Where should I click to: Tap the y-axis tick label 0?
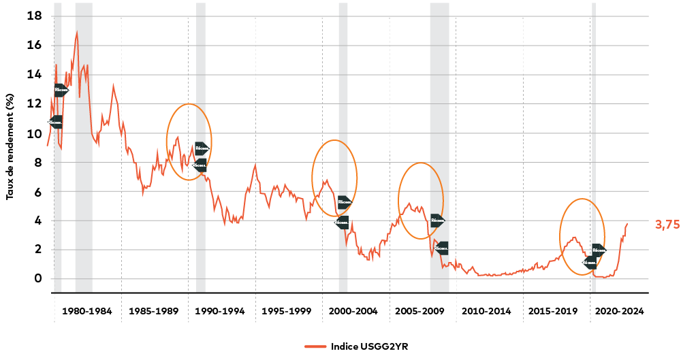click(x=38, y=278)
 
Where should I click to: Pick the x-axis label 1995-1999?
click(x=287, y=312)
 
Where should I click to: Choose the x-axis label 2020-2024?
click(x=620, y=312)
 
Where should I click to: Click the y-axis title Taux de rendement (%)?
click(x=10, y=146)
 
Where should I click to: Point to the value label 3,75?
click(x=667, y=225)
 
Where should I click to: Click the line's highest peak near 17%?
click(x=77, y=32)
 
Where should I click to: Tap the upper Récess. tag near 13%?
click(x=61, y=91)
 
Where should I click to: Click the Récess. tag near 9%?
click(x=202, y=149)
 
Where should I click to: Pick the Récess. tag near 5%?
click(x=345, y=202)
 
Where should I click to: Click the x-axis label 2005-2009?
click(x=420, y=312)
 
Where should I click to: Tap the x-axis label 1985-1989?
click(x=153, y=312)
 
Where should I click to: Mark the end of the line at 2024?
click(x=627, y=224)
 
